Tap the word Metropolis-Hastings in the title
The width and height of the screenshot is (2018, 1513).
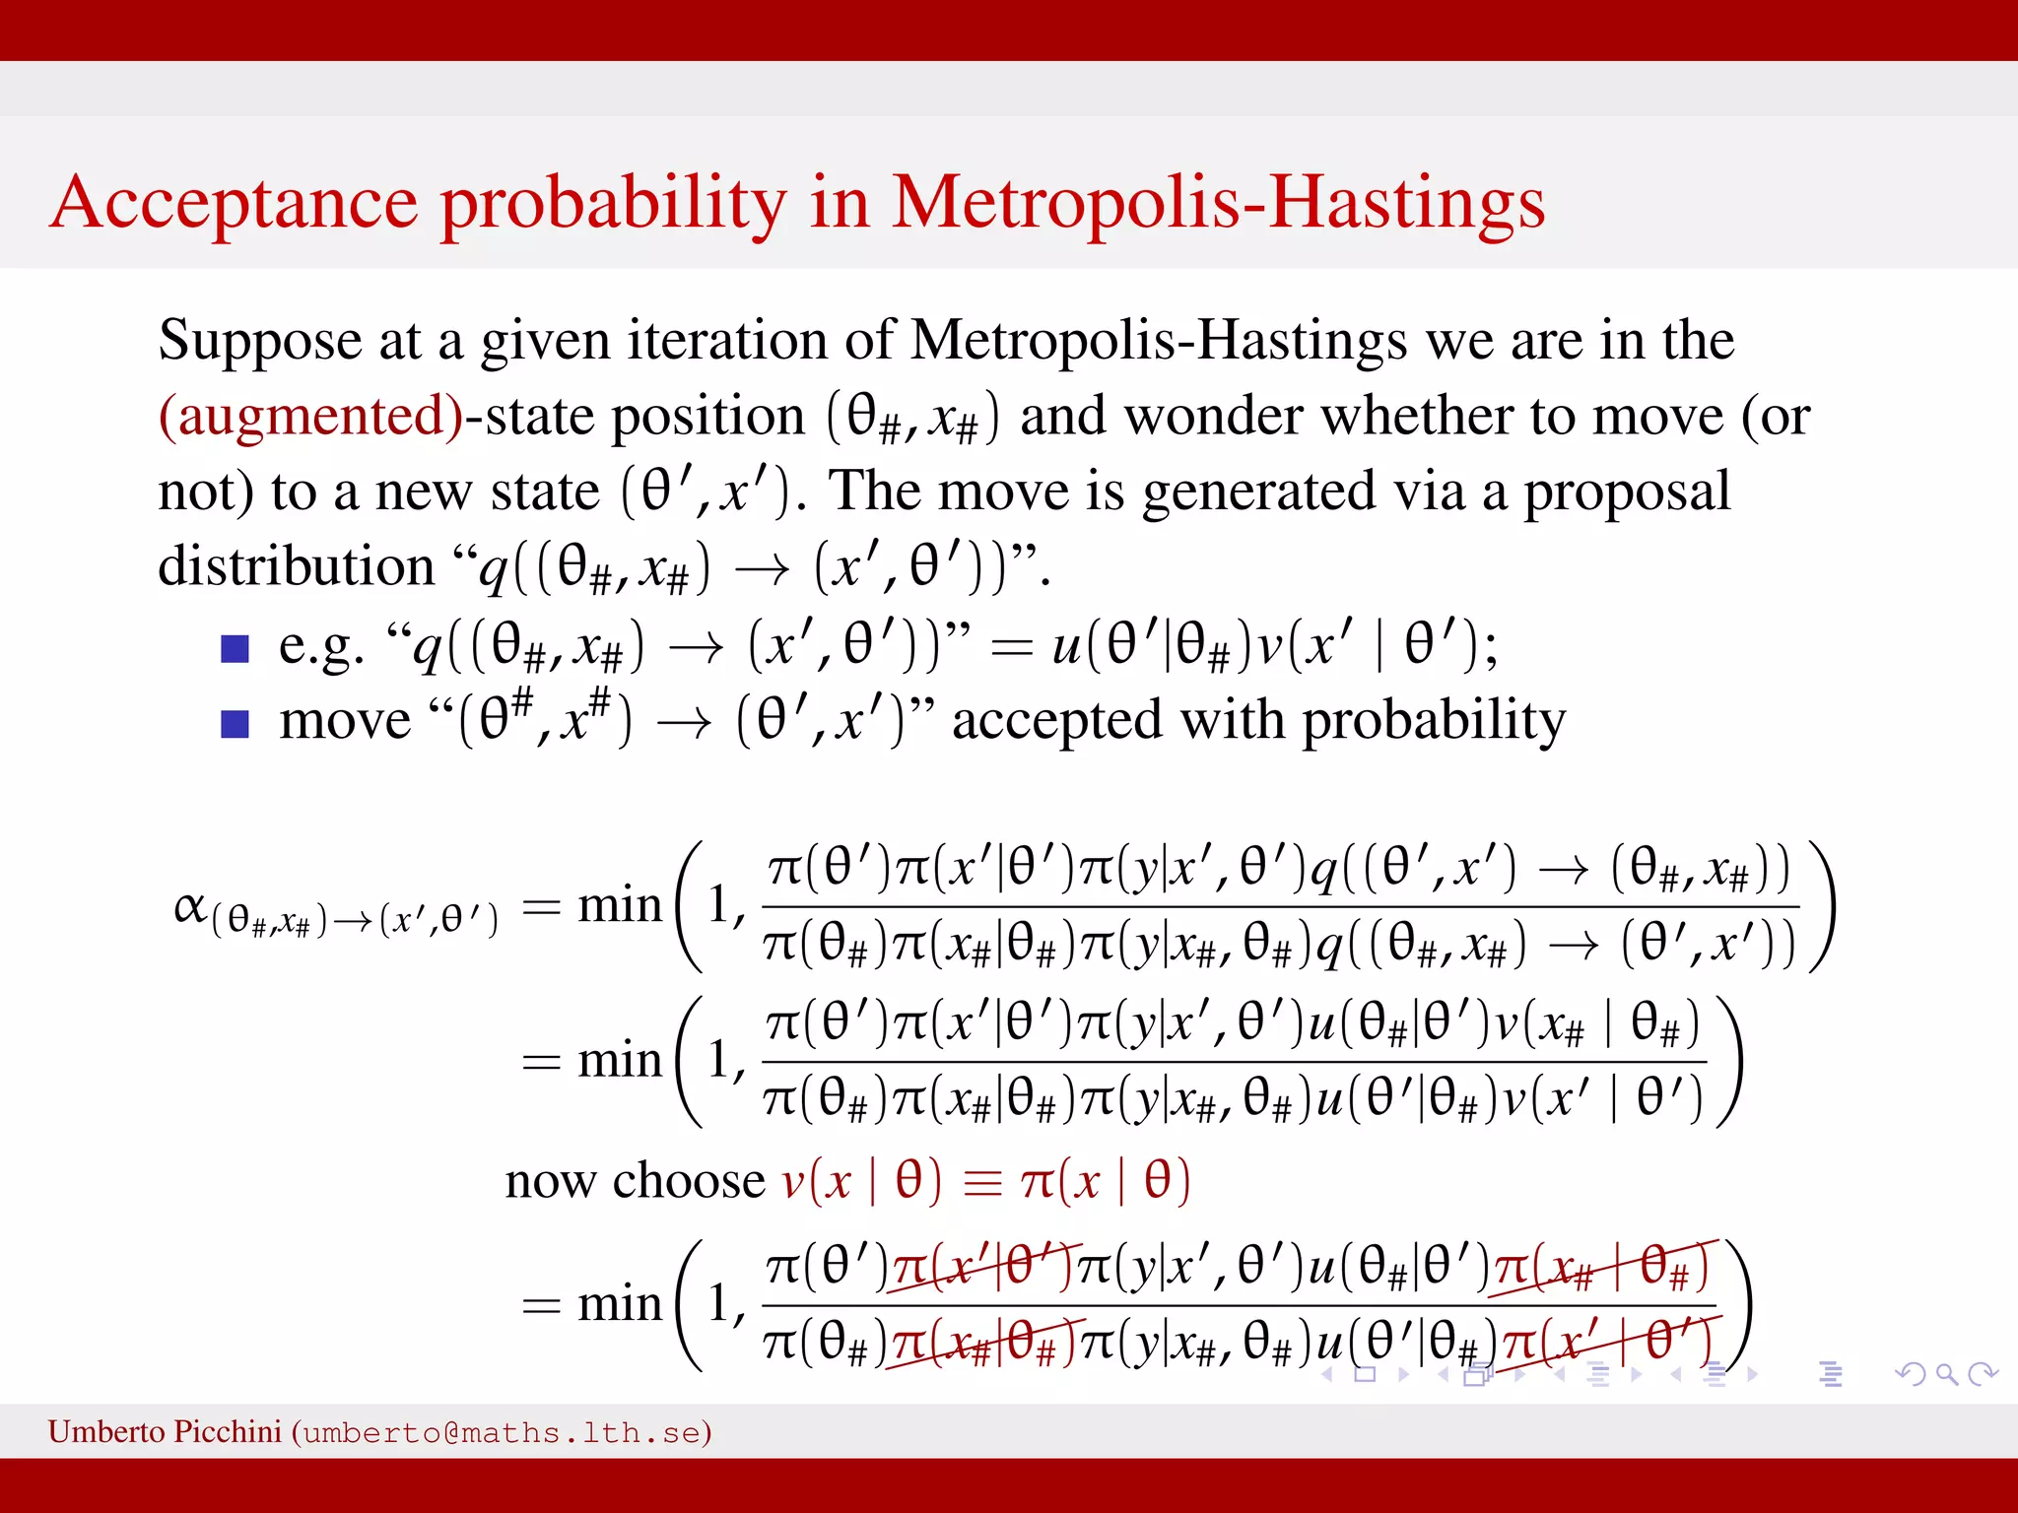tap(1218, 203)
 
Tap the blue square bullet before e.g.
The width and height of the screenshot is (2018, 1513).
tap(235, 649)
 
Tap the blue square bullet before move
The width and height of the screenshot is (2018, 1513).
tap(235, 724)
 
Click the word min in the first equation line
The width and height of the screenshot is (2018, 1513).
tap(619, 904)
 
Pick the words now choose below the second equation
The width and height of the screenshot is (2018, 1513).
tap(635, 1180)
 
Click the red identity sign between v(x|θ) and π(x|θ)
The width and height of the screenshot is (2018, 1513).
tap(981, 1182)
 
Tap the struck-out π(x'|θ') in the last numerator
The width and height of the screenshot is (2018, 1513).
tap(981, 1267)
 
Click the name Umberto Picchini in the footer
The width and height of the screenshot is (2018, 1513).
tap(165, 1431)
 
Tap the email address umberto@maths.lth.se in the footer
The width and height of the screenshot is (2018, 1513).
tap(502, 1432)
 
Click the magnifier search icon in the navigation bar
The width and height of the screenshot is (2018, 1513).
tap(1945, 1373)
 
